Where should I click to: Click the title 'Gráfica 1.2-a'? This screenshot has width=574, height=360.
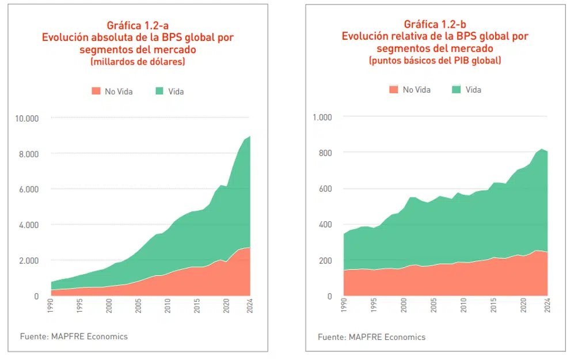[x=138, y=25]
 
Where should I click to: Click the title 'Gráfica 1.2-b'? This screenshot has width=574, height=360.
[x=435, y=24]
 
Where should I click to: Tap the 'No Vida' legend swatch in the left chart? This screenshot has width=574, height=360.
[x=96, y=91]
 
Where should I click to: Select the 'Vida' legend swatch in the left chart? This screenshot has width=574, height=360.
[x=159, y=91]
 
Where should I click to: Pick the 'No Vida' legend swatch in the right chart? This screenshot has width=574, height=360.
[x=394, y=89]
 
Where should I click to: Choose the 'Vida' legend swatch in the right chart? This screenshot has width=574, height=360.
[x=457, y=89]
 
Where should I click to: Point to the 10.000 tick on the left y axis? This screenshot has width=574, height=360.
[x=26, y=119]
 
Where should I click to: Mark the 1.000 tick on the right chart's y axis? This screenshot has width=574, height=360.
[x=322, y=117]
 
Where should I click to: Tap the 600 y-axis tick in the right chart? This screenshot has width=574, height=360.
[x=326, y=189]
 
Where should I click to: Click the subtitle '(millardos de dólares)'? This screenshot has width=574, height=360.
[x=138, y=61]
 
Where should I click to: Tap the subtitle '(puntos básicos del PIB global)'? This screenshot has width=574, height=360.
[x=435, y=60]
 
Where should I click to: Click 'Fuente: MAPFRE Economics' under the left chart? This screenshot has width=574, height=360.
[x=74, y=336]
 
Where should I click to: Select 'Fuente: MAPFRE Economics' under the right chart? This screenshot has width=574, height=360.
[x=371, y=337]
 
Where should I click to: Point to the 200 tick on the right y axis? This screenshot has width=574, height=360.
[x=326, y=261]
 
